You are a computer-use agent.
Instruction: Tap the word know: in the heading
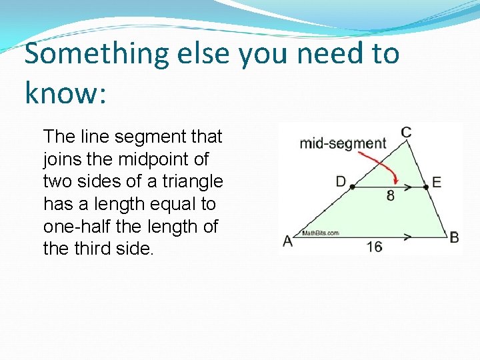coord(65,93)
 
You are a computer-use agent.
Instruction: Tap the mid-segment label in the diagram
coord(343,143)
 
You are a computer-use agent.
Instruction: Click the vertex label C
coord(405,132)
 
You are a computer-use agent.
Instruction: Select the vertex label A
coord(287,241)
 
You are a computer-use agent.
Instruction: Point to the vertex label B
coord(454,237)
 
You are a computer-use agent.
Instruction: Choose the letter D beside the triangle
coord(341,181)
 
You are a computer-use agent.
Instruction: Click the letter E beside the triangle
coord(436,182)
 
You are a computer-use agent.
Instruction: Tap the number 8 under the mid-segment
coord(390,196)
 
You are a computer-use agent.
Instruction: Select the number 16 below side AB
coord(374,246)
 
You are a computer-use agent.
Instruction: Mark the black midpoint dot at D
coord(351,187)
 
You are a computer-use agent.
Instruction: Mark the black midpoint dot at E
coord(425,187)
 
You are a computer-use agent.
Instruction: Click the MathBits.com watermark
coord(321,233)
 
